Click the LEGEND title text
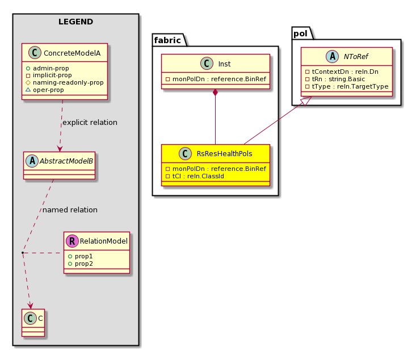click(76, 22)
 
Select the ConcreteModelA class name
click(72, 53)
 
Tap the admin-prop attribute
click(51, 68)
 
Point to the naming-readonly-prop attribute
click(68, 82)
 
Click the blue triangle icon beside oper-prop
click(28, 90)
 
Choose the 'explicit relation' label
click(90, 123)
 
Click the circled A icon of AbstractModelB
click(32, 161)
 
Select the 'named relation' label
click(70, 210)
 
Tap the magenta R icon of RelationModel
click(72, 241)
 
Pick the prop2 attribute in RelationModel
click(84, 263)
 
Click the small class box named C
click(33, 323)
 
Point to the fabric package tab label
click(167, 40)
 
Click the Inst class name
click(224, 64)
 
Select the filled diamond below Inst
click(215, 92)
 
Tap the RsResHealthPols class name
click(224, 154)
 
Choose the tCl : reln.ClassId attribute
click(198, 176)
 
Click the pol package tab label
click(301, 34)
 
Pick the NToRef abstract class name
click(356, 57)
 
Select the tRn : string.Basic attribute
click(338, 79)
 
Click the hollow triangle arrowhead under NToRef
click(307, 101)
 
